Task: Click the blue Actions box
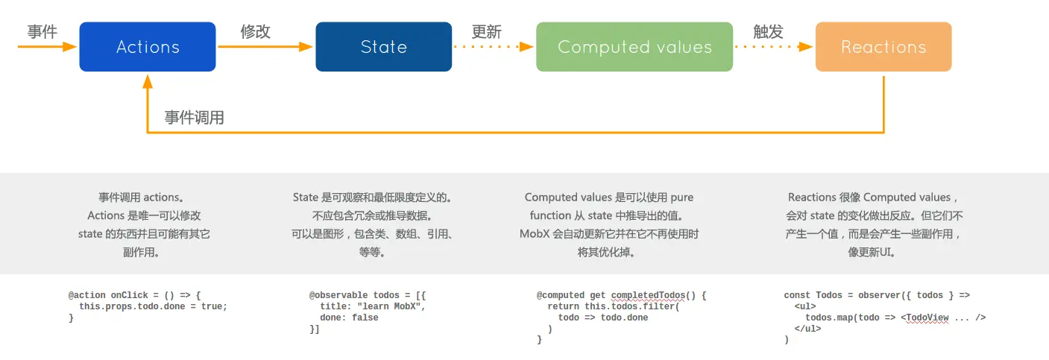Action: [x=148, y=47]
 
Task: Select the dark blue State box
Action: [x=383, y=47]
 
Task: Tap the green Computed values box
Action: [x=634, y=47]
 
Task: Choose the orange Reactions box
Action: [x=883, y=47]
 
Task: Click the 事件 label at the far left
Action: [x=42, y=31]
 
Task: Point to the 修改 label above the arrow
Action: [x=255, y=31]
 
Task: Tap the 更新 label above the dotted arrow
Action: [x=486, y=32]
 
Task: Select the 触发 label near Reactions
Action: [x=768, y=31]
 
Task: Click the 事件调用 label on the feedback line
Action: [x=195, y=118]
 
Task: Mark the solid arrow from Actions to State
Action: [x=265, y=46]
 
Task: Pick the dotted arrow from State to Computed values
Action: [x=494, y=46]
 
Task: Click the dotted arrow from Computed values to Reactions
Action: [x=773, y=46]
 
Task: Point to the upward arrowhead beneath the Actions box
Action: [x=148, y=78]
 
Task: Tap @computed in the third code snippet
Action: [x=560, y=295]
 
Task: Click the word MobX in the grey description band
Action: [x=535, y=234]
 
